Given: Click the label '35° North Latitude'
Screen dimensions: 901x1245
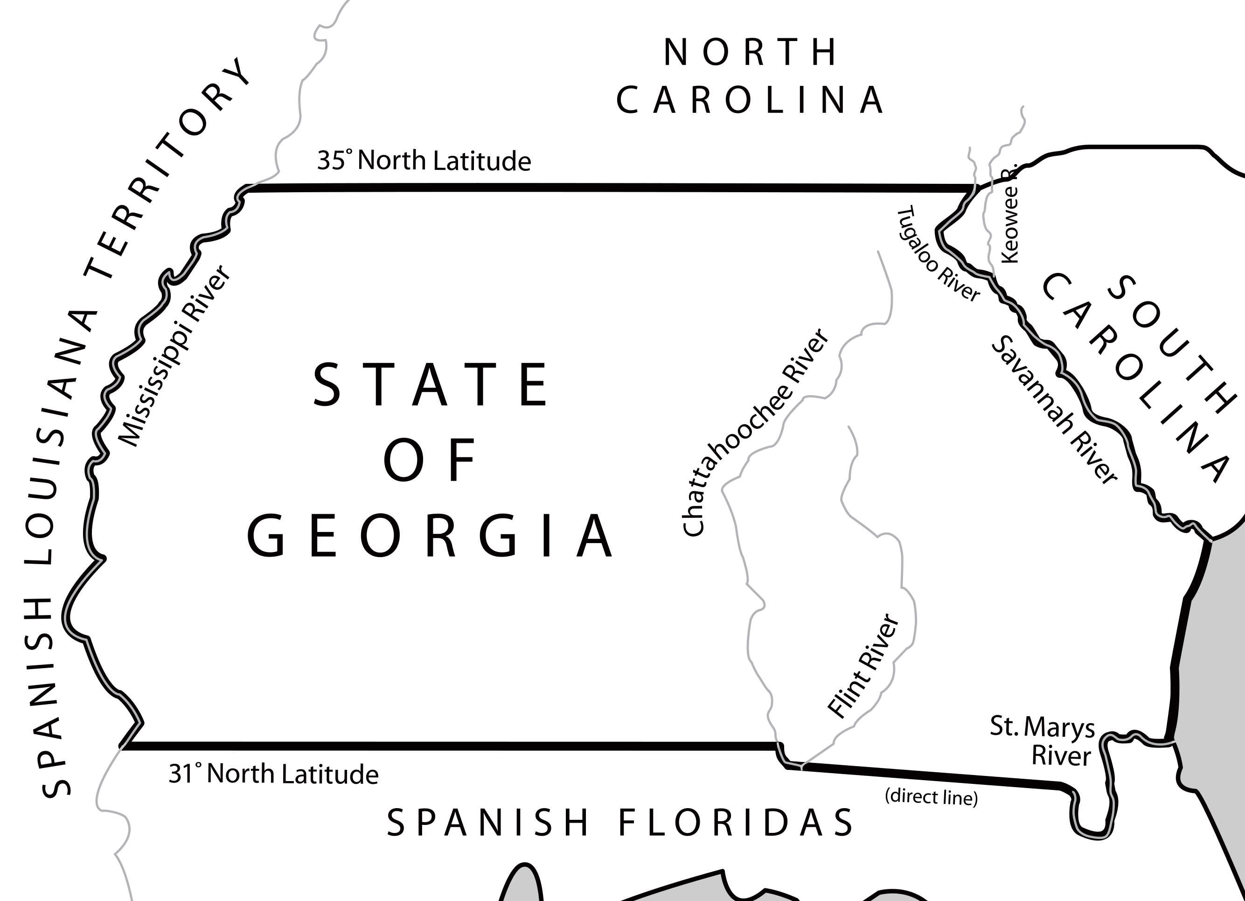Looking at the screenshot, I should [424, 161].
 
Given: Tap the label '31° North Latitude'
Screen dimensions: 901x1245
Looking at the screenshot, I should [273, 774].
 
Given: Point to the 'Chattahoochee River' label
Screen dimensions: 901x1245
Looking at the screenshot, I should [755, 432].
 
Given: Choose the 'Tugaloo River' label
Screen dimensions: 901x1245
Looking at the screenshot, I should [938, 254].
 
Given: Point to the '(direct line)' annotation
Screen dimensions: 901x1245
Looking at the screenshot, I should [931, 796].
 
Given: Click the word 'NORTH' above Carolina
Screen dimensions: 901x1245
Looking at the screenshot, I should [750, 52].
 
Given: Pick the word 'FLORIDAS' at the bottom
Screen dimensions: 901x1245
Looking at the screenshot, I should [736, 823].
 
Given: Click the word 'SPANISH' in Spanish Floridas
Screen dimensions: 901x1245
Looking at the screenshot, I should [487, 823].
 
